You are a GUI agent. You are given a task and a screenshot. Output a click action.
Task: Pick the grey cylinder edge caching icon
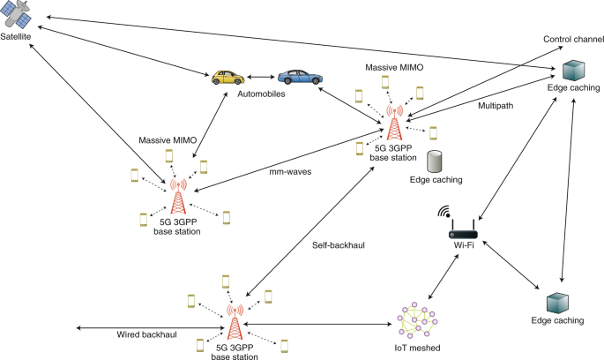[434, 161]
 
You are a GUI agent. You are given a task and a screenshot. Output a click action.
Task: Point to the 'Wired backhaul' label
[146, 335]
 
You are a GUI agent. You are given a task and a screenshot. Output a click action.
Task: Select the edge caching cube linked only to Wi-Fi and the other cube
[557, 303]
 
